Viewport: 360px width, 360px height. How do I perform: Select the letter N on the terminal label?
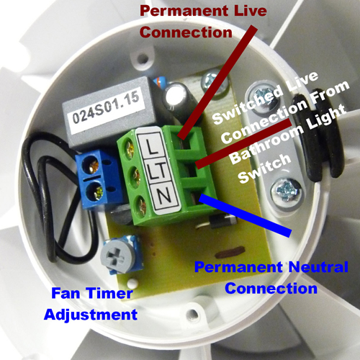[x=164, y=196]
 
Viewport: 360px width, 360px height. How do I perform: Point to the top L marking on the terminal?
[x=151, y=146]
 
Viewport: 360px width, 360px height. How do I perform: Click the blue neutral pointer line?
[x=246, y=215]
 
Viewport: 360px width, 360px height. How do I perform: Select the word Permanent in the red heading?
[x=184, y=11]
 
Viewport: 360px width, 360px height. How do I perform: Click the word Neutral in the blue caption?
[x=318, y=266]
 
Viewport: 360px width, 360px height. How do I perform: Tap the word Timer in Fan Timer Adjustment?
[x=109, y=293]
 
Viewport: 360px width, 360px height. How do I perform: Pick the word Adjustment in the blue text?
[x=91, y=315]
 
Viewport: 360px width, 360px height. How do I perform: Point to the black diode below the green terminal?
[x=222, y=220]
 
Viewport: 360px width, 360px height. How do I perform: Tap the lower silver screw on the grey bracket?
[x=286, y=192]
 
